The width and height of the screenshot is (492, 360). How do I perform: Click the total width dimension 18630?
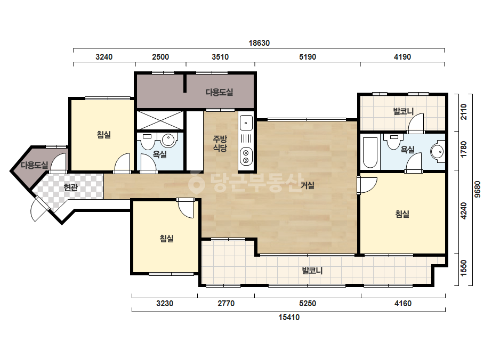tap(259, 43)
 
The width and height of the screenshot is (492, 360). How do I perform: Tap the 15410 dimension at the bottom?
tap(289, 317)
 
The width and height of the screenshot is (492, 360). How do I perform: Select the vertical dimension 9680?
tap(477, 189)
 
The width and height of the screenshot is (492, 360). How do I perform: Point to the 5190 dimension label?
tap(308, 57)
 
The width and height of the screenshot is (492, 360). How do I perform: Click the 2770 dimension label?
tap(226, 304)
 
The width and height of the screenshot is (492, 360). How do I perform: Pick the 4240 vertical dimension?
tap(463, 211)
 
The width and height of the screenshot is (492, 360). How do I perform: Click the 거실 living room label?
tap(308, 185)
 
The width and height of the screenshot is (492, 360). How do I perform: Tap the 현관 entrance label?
tap(70, 187)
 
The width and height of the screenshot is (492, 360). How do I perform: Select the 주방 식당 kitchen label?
tap(220, 143)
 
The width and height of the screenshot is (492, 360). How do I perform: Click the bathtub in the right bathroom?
tap(370, 152)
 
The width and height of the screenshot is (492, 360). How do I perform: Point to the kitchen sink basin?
tap(246, 122)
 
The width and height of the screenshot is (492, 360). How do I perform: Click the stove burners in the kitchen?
tap(246, 156)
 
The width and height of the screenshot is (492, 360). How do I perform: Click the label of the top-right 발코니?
tap(404, 111)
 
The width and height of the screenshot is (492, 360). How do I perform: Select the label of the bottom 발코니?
tap(312, 271)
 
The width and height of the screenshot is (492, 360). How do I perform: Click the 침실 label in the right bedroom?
tap(402, 214)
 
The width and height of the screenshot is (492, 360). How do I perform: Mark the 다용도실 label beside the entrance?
tap(35, 165)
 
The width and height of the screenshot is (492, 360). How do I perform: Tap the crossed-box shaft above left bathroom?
tap(160, 120)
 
